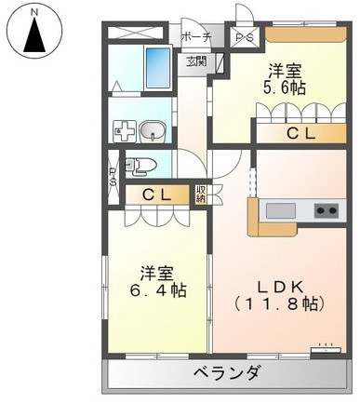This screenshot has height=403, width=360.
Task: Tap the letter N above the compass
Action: [x=34, y=11]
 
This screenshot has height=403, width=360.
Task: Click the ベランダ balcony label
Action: [x=228, y=374]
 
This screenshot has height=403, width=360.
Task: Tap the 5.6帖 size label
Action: [x=285, y=89]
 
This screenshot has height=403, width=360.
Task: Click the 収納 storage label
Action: [x=202, y=195]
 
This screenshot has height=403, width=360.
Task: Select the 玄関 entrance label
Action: [x=195, y=62]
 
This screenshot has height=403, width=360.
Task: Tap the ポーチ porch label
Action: [x=195, y=37]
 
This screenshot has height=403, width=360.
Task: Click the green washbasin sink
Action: [x=154, y=131]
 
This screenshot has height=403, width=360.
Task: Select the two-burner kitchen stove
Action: [x=326, y=209]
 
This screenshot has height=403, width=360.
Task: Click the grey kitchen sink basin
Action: [x=280, y=210]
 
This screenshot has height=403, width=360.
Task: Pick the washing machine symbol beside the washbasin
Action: [x=124, y=132]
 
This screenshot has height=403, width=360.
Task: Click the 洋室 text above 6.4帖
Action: [x=156, y=272]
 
